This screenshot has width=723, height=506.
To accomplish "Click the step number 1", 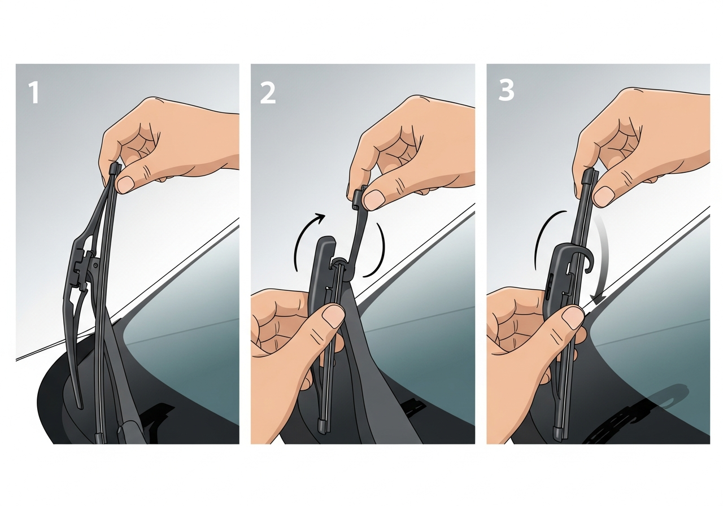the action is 34,93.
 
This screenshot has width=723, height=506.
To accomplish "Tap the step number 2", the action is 268,93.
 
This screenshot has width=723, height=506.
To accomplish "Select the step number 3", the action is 506,90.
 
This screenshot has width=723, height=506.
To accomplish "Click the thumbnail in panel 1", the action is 125,184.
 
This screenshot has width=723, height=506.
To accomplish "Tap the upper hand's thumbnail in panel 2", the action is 374,199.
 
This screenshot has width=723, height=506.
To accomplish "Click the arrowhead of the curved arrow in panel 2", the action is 320,218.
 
